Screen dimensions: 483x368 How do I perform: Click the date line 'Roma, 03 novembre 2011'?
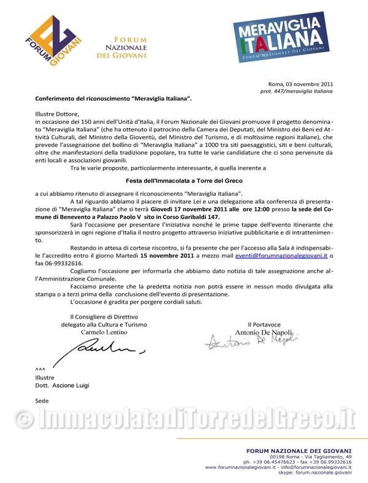click(301, 83)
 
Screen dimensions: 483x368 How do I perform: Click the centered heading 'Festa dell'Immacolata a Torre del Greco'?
click(184, 180)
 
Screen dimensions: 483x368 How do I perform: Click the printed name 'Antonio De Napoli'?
click(265, 331)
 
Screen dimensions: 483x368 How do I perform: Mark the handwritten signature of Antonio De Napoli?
click(251, 342)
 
